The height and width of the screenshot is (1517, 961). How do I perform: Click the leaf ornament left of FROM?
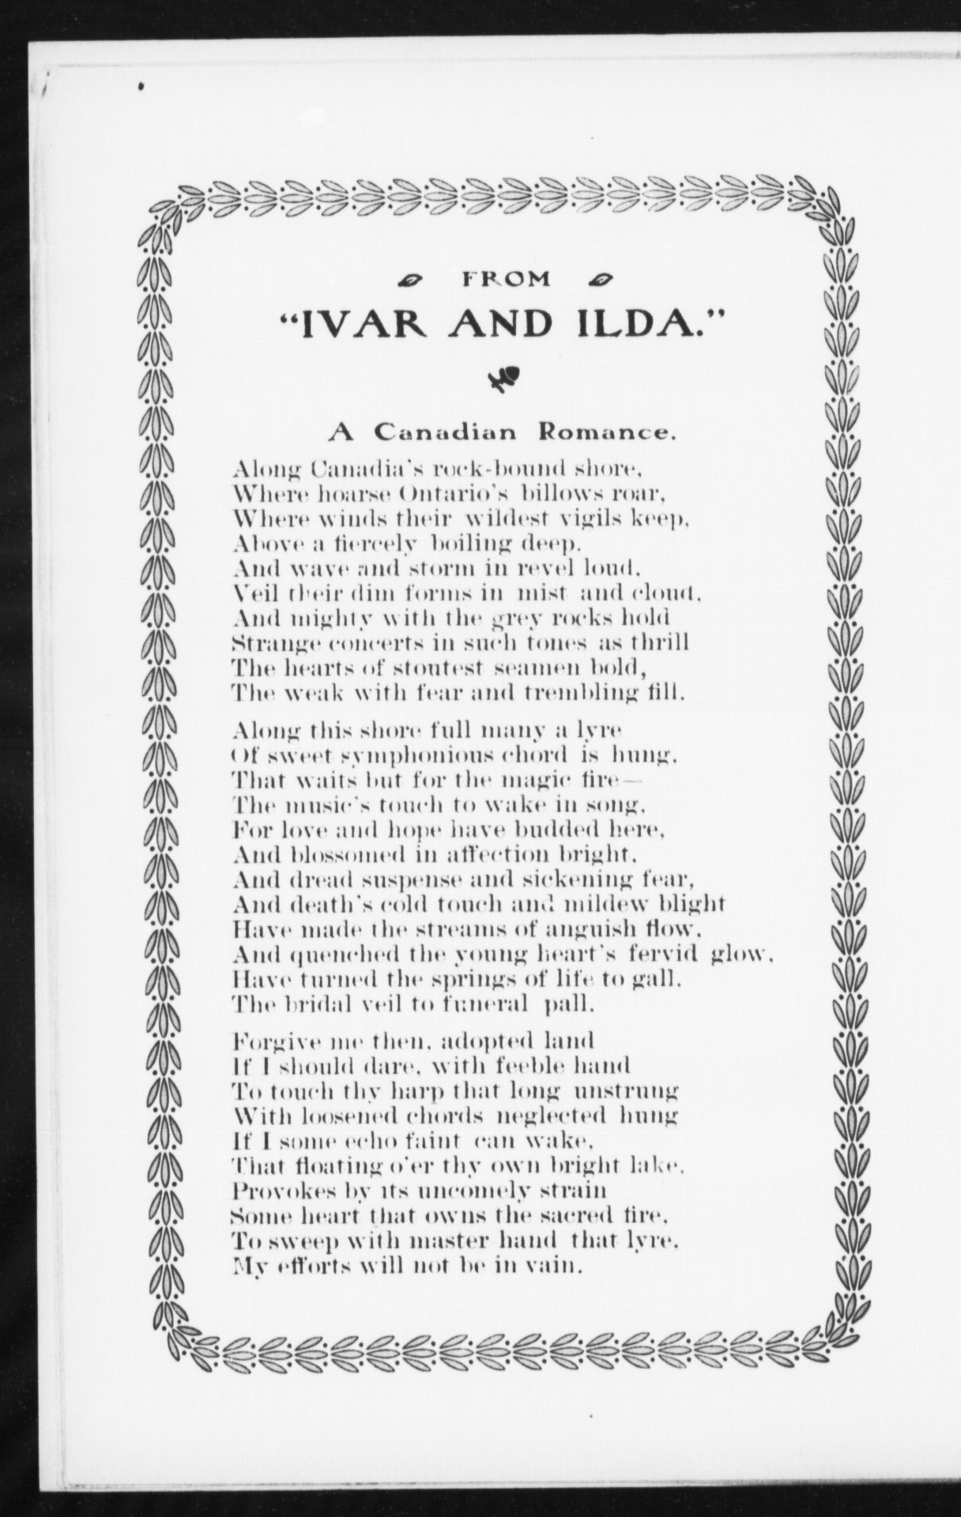[x=410, y=280]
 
